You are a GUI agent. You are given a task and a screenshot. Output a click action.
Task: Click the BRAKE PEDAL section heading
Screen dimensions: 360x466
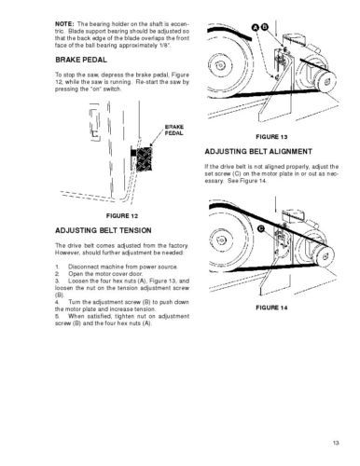81,60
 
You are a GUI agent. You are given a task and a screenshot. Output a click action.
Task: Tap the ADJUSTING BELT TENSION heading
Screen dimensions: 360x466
104,230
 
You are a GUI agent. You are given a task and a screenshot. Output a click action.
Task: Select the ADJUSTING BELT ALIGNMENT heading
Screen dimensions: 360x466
258,152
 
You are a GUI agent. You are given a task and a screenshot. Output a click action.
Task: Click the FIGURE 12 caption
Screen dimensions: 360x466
122,216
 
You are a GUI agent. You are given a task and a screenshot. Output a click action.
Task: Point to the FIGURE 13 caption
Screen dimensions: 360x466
271,137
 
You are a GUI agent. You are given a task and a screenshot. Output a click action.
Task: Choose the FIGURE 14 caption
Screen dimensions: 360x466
271,308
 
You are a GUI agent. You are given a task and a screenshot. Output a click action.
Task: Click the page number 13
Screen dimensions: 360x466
336,443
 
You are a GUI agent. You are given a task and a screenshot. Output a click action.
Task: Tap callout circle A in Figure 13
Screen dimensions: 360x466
256,27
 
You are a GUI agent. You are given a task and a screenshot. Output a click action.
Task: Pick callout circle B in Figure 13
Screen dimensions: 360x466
264,27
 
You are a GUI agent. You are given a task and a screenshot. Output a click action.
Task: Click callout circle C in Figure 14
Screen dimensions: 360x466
261,229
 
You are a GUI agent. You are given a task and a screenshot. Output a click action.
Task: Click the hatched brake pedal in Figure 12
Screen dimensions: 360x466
144,159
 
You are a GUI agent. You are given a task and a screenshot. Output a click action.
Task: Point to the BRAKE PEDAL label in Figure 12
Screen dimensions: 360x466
173,130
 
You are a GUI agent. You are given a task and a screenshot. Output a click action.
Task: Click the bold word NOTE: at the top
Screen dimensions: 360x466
64,24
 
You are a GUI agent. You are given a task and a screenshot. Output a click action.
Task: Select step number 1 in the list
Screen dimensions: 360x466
57,267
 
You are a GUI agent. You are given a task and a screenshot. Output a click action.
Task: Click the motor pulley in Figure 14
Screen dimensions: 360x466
325,256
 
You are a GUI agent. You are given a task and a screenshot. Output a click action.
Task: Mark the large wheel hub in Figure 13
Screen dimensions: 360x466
220,66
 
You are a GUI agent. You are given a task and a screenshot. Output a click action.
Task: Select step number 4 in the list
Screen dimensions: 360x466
57,302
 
